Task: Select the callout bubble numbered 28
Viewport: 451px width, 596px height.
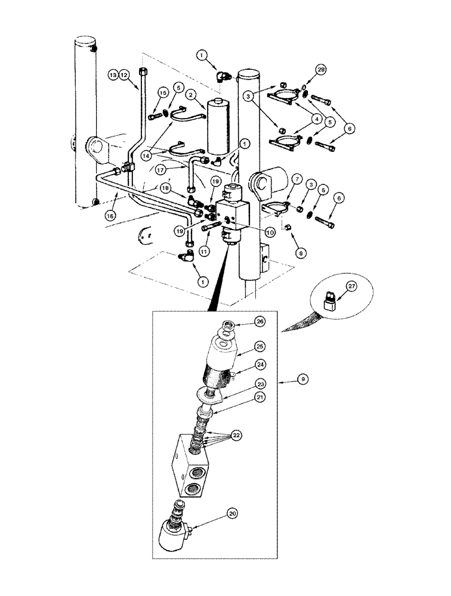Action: (322, 71)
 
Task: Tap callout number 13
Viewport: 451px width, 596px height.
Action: (112, 74)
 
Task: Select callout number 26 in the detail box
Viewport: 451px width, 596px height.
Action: (258, 322)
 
